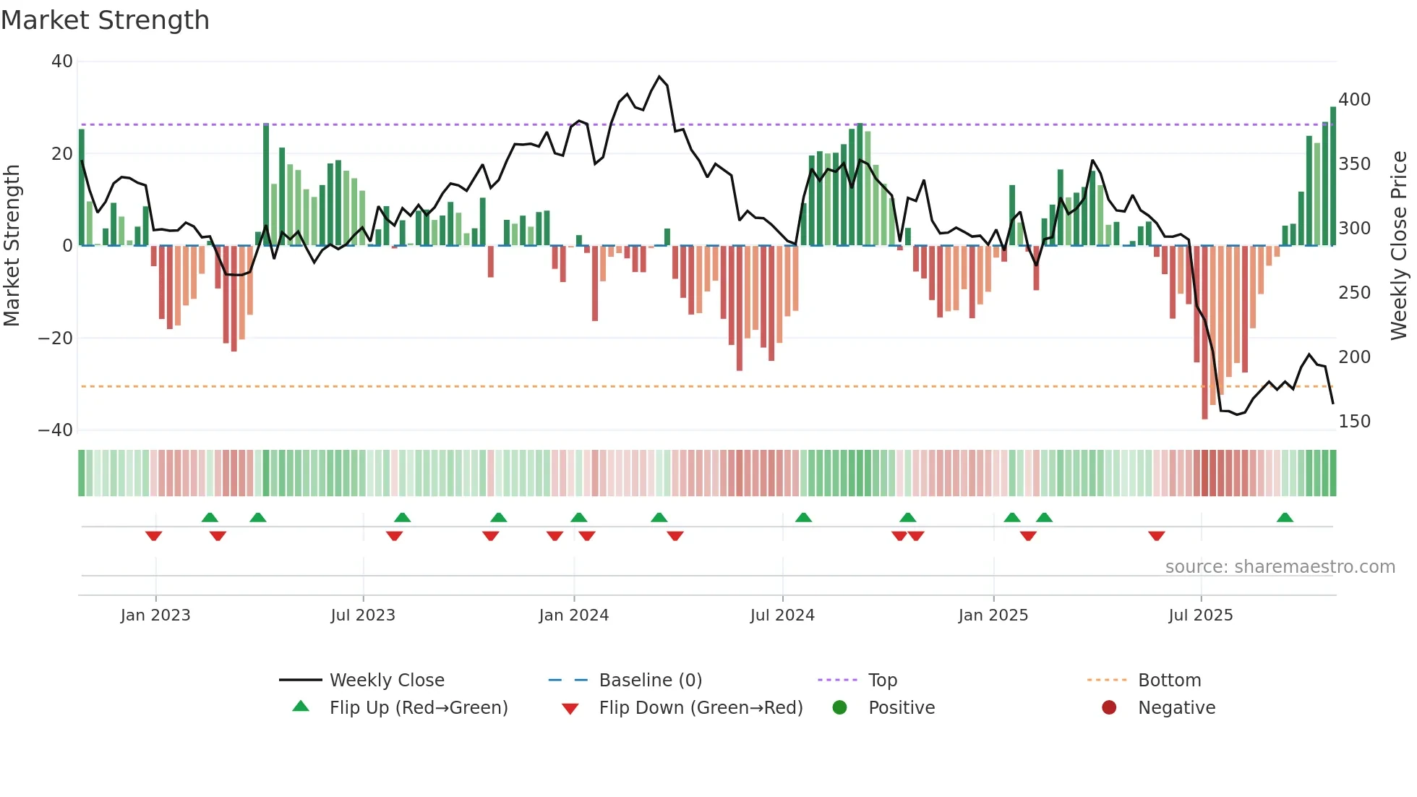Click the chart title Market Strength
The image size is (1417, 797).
pyautogui.click(x=105, y=20)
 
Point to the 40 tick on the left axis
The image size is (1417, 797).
pyautogui.click(x=62, y=61)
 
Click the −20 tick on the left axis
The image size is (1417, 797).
pyautogui.click(x=56, y=338)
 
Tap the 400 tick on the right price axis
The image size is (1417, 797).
pyautogui.click(x=1354, y=100)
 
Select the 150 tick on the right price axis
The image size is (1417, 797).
pyautogui.click(x=1354, y=422)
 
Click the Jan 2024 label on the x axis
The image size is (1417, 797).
pyautogui.click(x=573, y=615)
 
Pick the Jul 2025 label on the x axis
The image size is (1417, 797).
pyautogui.click(x=1200, y=615)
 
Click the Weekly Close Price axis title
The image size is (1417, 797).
pyautogui.click(x=1399, y=245)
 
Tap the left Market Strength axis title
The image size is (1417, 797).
pyautogui.click(x=12, y=245)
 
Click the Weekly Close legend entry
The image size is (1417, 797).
pyautogui.click(x=386, y=681)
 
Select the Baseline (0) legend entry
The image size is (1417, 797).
pyautogui.click(x=650, y=681)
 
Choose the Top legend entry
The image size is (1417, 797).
pyautogui.click(x=882, y=681)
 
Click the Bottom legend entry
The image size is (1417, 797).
pyautogui.click(x=1169, y=681)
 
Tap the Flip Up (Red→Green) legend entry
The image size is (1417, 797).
pyautogui.click(x=418, y=708)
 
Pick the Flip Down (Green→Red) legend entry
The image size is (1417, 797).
pyautogui.click(x=700, y=708)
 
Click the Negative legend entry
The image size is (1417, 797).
pyautogui.click(x=1176, y=708)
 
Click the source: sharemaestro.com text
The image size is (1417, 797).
pyautogui.click(x=1280, y=567)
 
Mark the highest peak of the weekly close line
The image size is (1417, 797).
pyautogui.click(x=659, y=77)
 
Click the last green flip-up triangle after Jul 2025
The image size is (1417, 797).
pyautogui.click(x=1285, y=518)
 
